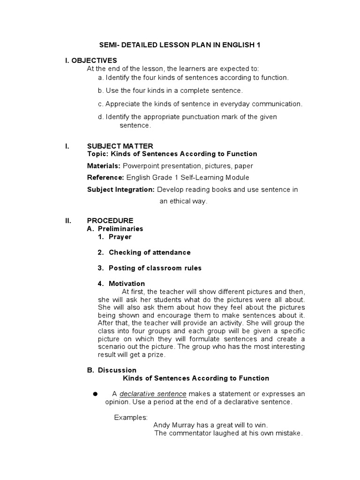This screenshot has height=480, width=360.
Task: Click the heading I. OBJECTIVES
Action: tap(91, 60)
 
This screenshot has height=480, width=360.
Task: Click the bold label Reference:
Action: tap(105, 178)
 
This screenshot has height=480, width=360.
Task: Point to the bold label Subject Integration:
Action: tap(121, 189)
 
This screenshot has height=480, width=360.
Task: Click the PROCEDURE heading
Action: tap(110, 220)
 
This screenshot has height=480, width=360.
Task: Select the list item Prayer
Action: tap(120, 237)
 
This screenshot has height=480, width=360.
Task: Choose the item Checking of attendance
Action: tap(150, 252)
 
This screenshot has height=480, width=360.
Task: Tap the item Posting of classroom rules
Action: tap(155, 268)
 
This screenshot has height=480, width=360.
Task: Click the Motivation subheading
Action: tap(127, 284)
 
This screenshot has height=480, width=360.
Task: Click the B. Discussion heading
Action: tap(112, 370)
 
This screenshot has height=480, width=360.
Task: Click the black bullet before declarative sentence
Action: tap(95, 393)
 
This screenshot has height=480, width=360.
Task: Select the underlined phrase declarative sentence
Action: tap(153, 394)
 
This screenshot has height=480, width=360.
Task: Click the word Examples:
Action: tap(131, 417)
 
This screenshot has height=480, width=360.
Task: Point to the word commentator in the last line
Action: tap(193, 433)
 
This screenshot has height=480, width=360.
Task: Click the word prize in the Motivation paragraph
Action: tap(156, 355)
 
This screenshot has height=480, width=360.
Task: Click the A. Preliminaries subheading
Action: tap(115, 229)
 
